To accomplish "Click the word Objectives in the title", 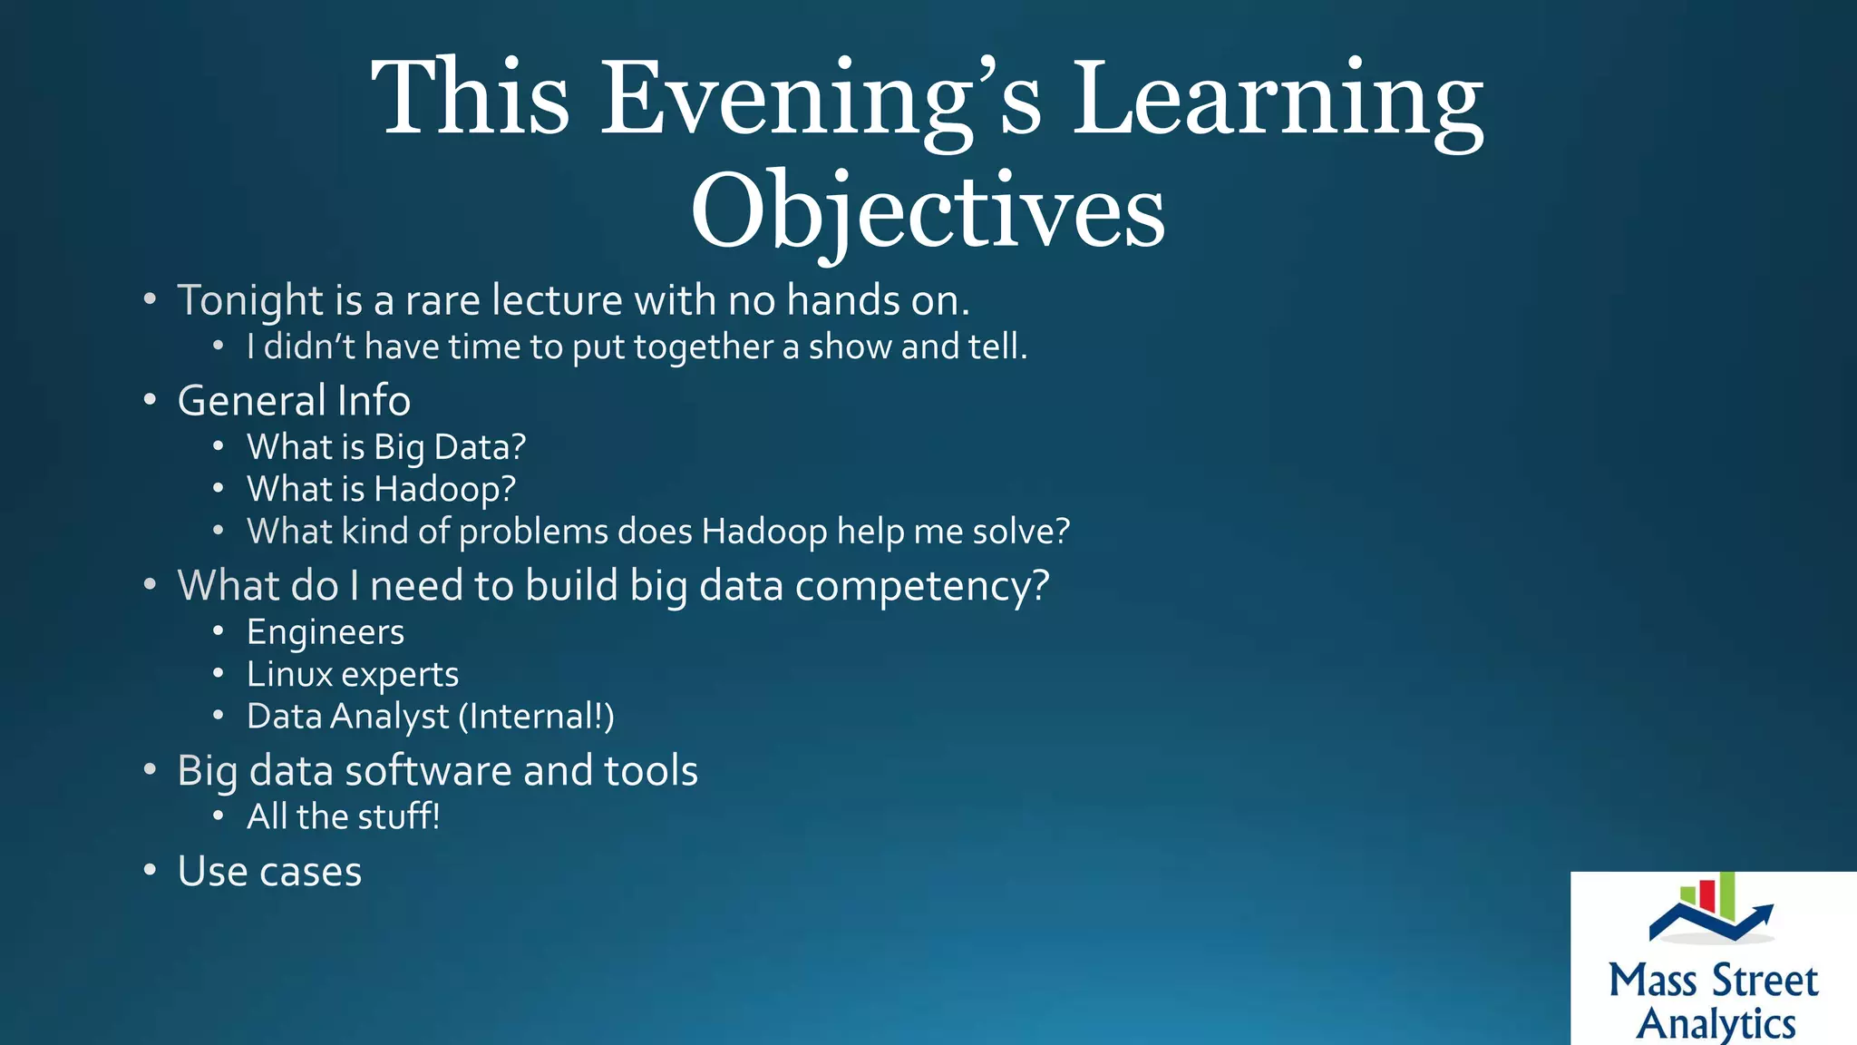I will point(928,210).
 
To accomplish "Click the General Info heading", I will point(294,401).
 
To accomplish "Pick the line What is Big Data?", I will point(386,447).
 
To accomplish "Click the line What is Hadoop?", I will point(381,489).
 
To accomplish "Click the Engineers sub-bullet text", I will point(326,632).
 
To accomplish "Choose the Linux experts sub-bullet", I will point(353,674).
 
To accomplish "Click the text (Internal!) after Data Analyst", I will point(537,717).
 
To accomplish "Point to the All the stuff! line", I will point(344,816).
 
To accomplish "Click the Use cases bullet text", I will point(269,872).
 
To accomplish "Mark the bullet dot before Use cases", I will point(150,871).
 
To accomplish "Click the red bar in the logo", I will point(1706,895).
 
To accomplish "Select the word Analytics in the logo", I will point(1716,1023).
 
